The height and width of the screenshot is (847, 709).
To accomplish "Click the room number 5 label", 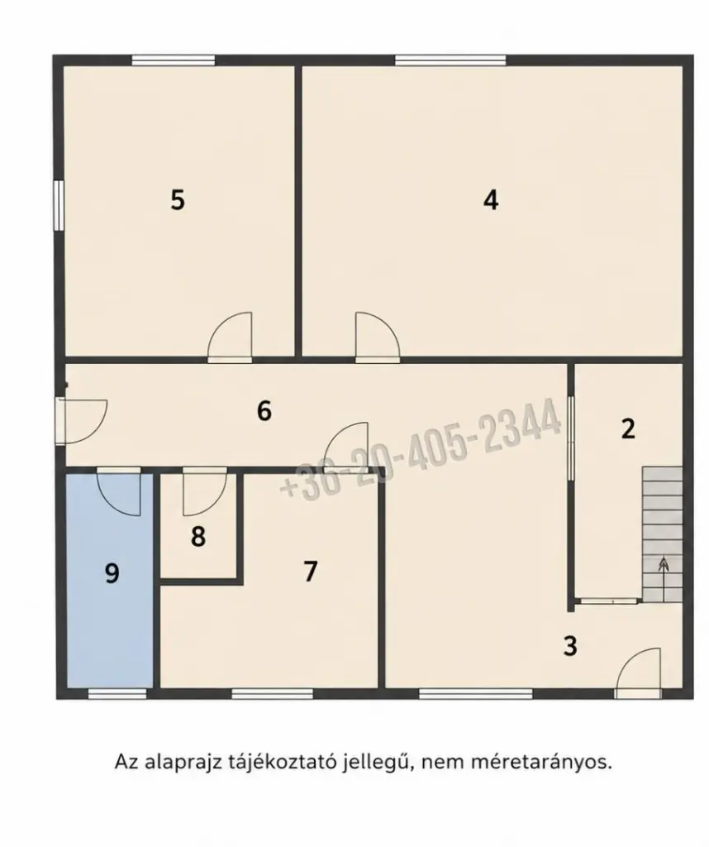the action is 178,200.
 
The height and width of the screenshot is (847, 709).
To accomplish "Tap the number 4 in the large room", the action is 491,200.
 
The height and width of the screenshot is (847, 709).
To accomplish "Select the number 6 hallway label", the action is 264,411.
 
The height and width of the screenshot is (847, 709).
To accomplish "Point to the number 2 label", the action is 628,428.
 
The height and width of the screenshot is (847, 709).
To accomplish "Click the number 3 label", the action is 570,645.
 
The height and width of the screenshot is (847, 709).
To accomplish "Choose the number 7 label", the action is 310,572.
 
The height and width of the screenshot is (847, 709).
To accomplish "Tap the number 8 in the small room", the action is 198,537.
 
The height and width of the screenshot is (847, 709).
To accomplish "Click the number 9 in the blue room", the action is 112,573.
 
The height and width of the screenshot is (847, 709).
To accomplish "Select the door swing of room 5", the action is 230,335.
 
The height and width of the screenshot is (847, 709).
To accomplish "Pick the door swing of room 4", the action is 377,335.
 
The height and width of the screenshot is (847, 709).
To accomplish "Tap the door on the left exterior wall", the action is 81,421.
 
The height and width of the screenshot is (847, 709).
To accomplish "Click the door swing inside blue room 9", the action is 119,491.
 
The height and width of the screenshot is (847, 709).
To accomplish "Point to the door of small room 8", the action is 205,491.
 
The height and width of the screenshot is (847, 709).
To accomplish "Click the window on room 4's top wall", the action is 450,60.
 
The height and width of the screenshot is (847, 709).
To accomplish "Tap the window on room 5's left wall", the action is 59,205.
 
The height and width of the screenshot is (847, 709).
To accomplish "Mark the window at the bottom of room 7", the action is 273,694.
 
